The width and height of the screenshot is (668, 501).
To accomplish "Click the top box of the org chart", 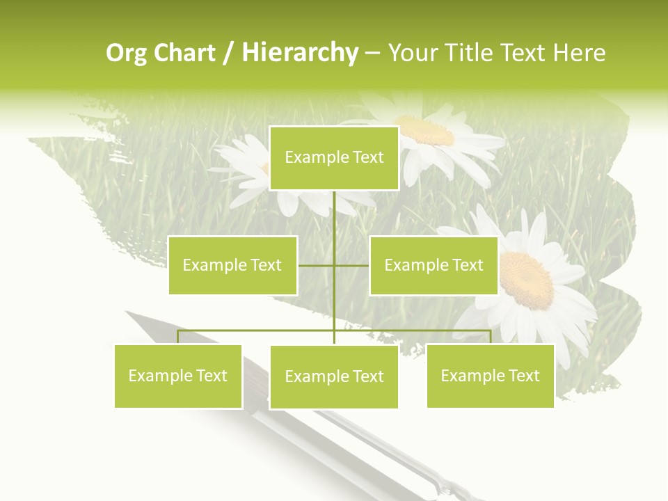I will [334, 158].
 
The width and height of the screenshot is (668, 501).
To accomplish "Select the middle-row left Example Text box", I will [232, 265].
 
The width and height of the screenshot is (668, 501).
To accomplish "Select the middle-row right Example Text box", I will [434, 265].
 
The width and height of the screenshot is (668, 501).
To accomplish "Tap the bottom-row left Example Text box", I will [178, 376].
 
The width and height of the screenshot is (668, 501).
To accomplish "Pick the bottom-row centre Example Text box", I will [334, 376].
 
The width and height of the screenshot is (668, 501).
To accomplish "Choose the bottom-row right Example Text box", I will [490, 376].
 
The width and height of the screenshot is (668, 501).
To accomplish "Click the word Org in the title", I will [125, 54].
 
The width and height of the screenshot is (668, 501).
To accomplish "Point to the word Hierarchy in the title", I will [299, 54].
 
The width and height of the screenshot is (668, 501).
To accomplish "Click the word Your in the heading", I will [413, 53].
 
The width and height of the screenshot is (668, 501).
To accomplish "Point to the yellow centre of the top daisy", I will [424, 130].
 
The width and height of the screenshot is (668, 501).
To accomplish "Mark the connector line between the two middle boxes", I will [333, 265].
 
